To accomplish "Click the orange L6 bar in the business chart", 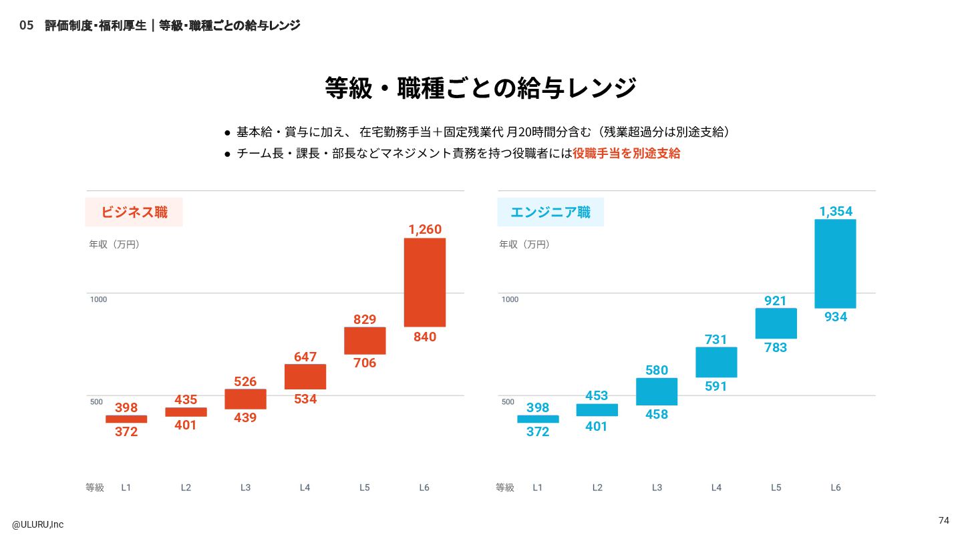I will (425, 282).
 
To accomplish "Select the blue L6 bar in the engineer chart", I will (835, 263).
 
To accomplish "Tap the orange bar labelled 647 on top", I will (305, 377).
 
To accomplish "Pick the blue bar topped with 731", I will (716, 362).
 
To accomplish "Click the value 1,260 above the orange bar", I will (425, 230).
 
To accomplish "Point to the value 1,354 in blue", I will (836, 212).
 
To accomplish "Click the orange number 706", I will (365, 363).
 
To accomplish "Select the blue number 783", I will (776, 347).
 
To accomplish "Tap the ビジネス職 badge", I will (134, 212).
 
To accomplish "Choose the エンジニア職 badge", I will (550, 212).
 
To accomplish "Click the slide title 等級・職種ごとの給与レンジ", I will (481, 88).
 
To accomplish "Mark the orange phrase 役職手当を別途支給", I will (626, 153).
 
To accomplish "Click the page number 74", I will (943, 520).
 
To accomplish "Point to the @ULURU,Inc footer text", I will (38, 524).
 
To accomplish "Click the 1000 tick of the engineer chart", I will (510, 299).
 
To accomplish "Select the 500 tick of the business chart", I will (97, 401).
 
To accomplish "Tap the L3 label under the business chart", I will (245, 488).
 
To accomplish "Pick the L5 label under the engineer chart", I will (776, 488).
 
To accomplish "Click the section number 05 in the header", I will (26, 25).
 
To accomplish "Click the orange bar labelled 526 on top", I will (245, 399).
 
